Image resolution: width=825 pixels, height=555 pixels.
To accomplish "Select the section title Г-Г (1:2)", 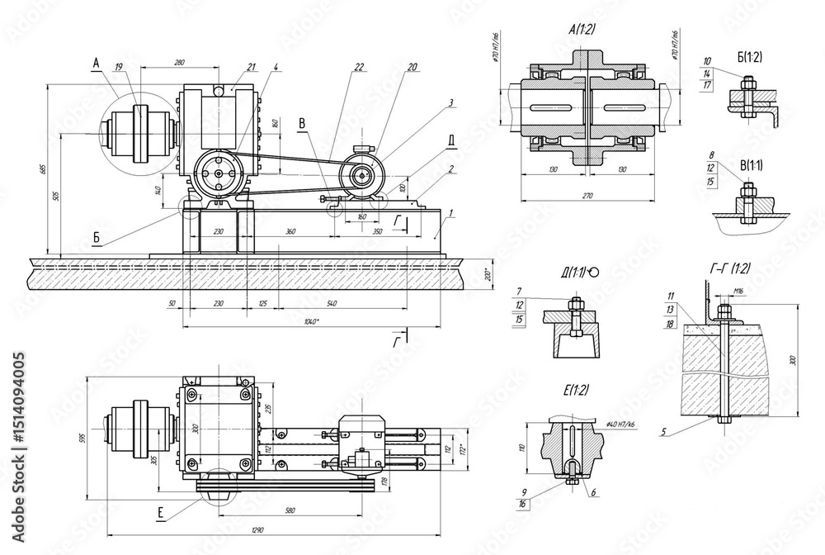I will pos(729,268).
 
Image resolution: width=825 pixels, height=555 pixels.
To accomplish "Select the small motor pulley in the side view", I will pos(362,174).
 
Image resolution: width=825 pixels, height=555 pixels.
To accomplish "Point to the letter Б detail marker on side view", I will pos(97,236).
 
